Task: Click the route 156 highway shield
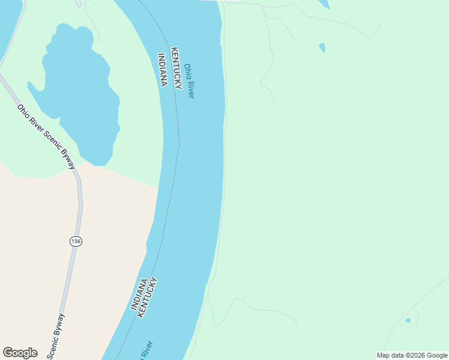pyautogui.click(x=76, y=241)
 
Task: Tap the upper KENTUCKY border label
pyautogui.click(x=176, y=68)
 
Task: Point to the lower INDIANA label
pyautogui.click(x=139, y=294)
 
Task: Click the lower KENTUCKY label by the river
pyautogui.click(x=148, y=297)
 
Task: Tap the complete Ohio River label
pyautogui.click(x=190, y=81)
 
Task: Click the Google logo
pyautogui.click(x=20, y=353)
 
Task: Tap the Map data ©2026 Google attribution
pyautogui.click(x=412, y=355)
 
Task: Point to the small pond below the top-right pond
pyautogui.click(x=322, y=47)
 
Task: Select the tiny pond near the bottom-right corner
pyautogui.click(x=408, y=320)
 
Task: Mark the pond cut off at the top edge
pyautogui.click(x=324, y=3)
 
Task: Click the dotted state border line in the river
pyautogui.click(x=179, y=138)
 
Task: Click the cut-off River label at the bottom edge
pyautogui.click(x=146, y=350)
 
